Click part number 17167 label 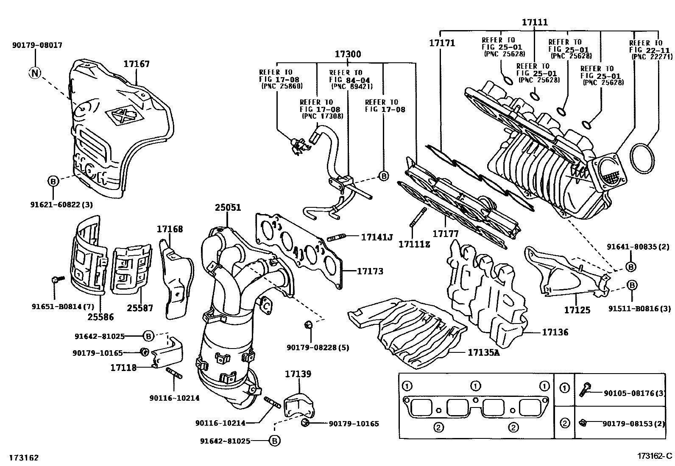[137, 64]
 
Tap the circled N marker [35, 73]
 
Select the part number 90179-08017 [37, 45]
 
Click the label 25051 [228, 207]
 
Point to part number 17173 [370, 271]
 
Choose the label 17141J [377, 237]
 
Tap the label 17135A [484, 352]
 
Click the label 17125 [577, 310]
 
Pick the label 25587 [139, 308]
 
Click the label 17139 [298, 374]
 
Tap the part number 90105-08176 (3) [634, 393]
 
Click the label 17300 [348, 54]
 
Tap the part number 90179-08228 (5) [318, 348]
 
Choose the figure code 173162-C [655, 456]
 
